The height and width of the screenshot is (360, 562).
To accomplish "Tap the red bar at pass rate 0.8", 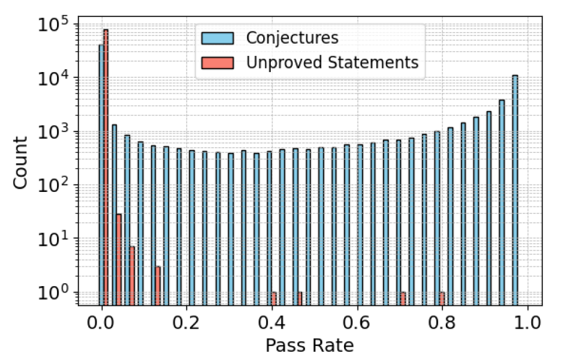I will (442, 298).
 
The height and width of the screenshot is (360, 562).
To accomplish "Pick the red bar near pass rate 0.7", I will (403, 298).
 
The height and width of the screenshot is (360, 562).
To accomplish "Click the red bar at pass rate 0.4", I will (274, 298).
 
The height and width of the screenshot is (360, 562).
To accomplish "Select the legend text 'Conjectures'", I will (292, 38).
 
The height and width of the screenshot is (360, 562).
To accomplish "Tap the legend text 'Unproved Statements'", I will (332, 62).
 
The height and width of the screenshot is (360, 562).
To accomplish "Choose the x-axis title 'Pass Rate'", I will (309, 345).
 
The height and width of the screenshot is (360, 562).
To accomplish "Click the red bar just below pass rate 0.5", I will (300, 298).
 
